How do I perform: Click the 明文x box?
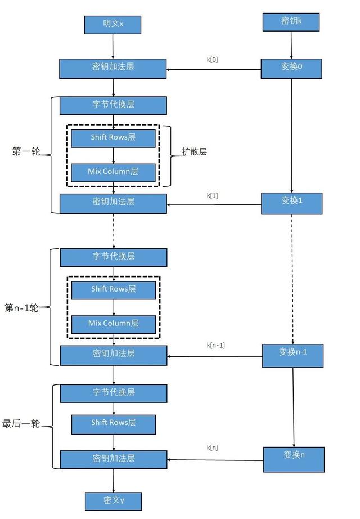click(112, 25)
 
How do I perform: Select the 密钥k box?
click(291, 22)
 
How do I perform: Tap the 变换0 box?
click(291, 68)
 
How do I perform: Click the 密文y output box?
click(113, 500)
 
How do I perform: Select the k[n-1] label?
click(215, 345)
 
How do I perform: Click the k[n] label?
click(213, 448)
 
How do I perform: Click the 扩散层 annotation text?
click(194, 151)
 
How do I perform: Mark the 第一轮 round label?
click(26, 151)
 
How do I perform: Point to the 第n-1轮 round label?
click(22, 308)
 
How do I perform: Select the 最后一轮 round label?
click(21, 424)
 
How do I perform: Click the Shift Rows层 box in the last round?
click(113, 423)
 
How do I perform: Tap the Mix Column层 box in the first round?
click(113, 172)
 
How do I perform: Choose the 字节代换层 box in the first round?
click(113, 105)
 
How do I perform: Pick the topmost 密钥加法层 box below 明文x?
click(113, 68)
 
